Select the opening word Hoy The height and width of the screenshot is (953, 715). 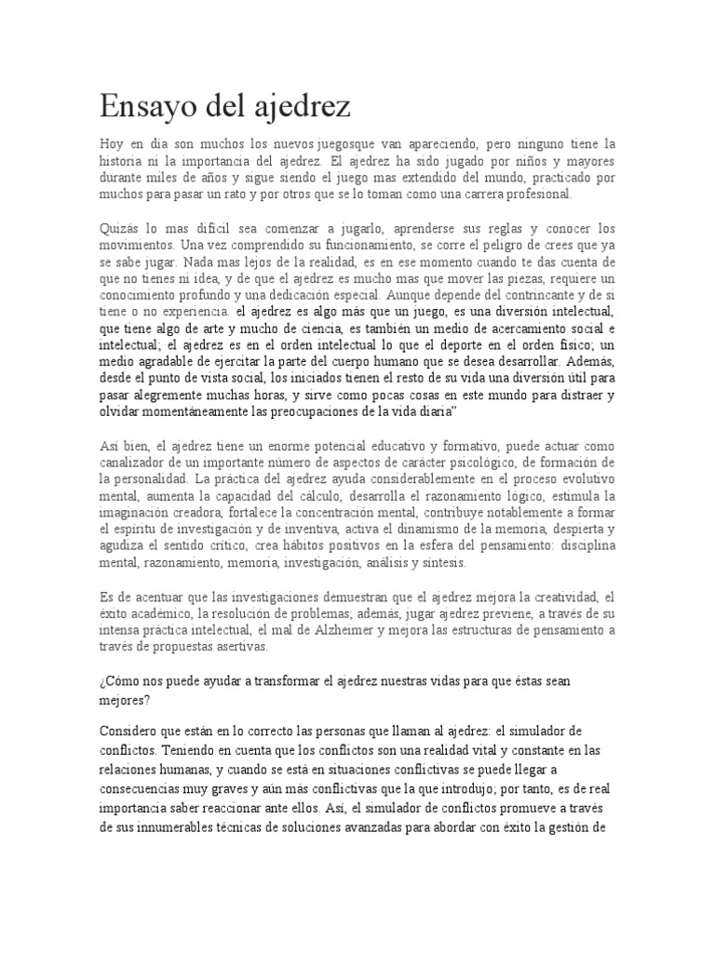point(111,144)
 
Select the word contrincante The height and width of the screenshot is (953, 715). point(545,295)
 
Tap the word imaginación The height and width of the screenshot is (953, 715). point(142,513)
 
